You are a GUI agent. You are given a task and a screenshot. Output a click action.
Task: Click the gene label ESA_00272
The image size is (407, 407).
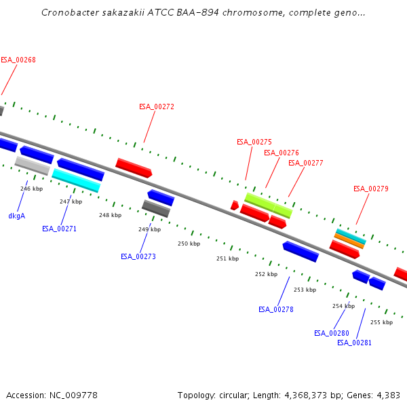[157, 106]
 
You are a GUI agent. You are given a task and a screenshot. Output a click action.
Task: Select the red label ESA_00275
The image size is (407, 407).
[254, 142]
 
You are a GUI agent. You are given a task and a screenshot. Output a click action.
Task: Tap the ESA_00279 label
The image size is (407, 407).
[370, 189]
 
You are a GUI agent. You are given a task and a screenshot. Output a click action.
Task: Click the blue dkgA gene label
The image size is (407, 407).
[16, 216]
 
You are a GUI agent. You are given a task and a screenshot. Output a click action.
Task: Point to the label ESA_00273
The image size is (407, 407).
[138, 256]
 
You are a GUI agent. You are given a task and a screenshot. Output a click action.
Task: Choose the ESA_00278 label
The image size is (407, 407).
[275, 309]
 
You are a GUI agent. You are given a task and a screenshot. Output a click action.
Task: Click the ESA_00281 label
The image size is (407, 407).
[354, 343]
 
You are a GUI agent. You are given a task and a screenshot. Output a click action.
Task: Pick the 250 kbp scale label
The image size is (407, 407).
[189, 244]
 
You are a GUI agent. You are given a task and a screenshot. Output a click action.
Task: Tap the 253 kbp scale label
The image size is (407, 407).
[305, 290]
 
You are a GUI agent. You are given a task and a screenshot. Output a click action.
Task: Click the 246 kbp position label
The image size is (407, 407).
[31, 189]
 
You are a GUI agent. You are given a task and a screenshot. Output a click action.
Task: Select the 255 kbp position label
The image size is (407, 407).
[381, 322]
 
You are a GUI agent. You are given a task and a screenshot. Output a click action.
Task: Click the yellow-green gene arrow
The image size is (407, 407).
[268, 205]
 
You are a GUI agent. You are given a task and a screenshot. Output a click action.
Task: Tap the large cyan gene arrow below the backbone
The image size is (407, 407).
[76, 180]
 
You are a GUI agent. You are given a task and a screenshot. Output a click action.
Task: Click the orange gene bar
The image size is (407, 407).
[349, 241]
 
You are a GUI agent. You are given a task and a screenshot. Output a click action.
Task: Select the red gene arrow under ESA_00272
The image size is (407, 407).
[134, 168]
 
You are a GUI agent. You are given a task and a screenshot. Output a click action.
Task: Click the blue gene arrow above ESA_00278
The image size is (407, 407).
[301, 251]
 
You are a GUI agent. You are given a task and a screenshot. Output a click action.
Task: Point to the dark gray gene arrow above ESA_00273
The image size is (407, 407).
[155, 208]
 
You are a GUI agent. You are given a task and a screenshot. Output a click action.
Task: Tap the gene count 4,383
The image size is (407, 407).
[387, 395]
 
